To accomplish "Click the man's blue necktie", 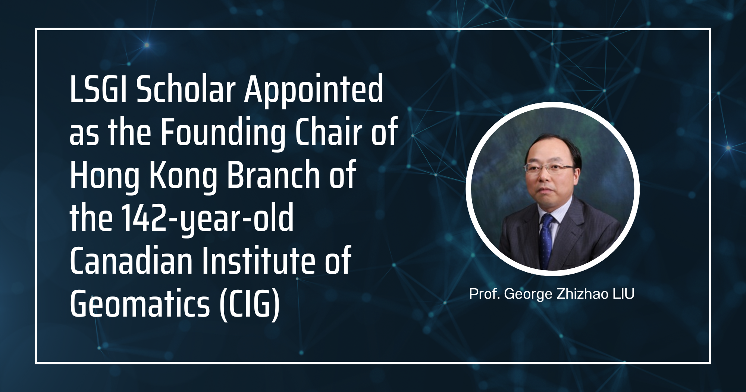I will (x=547, y=239).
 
